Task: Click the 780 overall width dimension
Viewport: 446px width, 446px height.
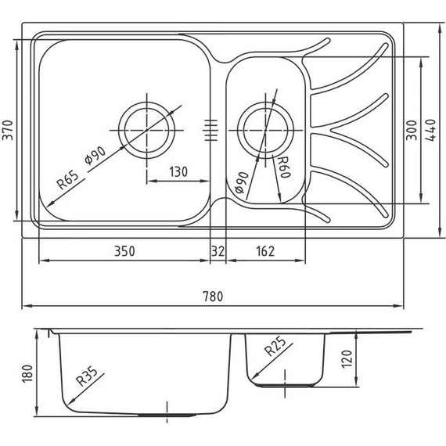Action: point(213,297)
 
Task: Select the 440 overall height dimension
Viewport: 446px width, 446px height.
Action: point(430,130)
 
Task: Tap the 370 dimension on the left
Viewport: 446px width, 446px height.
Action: point(9,130)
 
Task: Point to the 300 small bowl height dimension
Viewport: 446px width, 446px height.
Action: point(412,130)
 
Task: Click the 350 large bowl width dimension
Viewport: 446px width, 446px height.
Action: point(124,251)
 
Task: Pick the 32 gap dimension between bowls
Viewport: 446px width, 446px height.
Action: point(218,251)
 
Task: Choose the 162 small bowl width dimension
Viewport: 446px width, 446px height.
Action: point(265,251)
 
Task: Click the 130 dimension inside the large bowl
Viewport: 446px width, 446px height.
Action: point(178,172)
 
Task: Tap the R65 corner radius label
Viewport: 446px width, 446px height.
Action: point(68,180)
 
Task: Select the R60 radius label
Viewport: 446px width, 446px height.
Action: point(284,167)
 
